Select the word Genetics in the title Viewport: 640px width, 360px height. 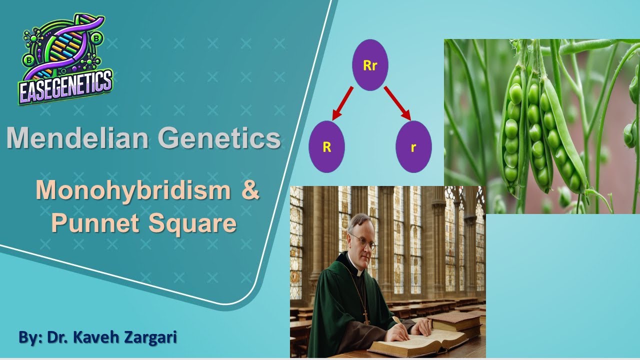coord(219,138)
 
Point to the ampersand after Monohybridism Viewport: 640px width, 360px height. coord(250,191)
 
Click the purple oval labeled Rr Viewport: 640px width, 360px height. coord(370,65)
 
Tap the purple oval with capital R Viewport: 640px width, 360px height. coord(327,147)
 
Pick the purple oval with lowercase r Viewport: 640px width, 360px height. coord(413,147)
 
